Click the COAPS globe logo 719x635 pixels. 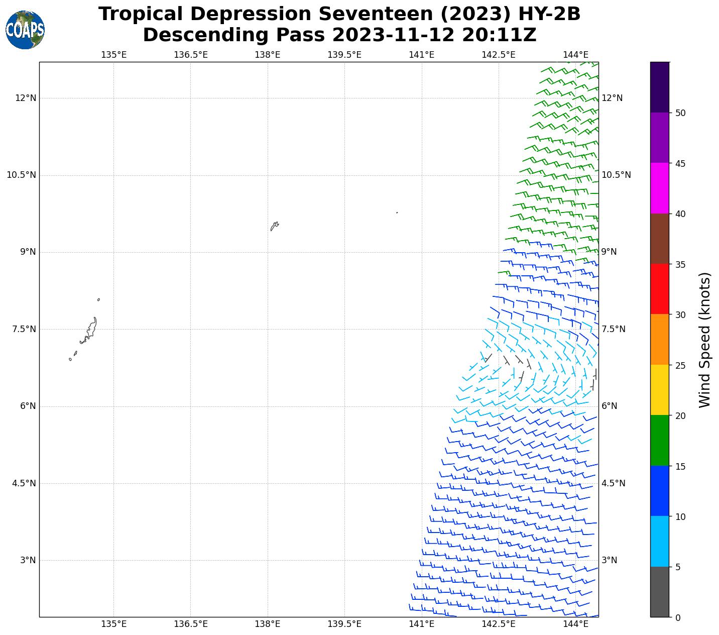[25, 30]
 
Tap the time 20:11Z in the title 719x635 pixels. [499, 35]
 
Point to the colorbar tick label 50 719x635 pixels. [680, 113]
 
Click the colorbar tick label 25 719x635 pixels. [680, 365]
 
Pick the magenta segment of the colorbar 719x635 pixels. [659, 188]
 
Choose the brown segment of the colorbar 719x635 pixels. [659, 239]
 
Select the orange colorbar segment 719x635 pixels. [659, 339]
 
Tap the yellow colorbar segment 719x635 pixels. [659, 390]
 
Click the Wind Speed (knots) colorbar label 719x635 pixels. [705, 340]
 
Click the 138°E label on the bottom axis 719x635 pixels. [267, 624]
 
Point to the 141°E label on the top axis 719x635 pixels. [421, 54]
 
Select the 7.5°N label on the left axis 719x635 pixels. [21, 329]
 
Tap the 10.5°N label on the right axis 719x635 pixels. [616, 175]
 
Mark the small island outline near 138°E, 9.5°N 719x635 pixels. [274, 226]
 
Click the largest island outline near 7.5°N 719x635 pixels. [90, 330]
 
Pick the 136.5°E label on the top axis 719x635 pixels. [190, 54]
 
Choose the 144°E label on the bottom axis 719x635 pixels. [575, 624]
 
